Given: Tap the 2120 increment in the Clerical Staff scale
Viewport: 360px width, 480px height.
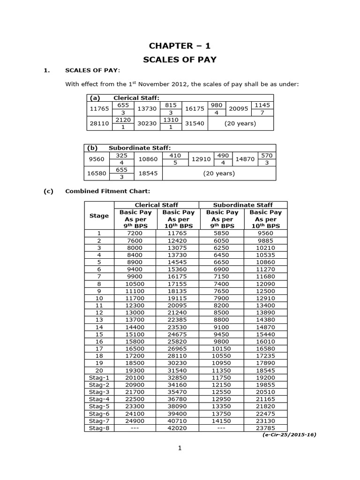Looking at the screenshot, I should click(120, 120).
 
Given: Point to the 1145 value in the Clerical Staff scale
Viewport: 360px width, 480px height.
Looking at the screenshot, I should click(262, 105).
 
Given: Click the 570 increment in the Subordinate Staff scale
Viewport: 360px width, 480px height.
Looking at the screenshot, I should click(266, 155).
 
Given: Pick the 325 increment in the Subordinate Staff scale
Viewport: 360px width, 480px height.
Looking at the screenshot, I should click(121, 155).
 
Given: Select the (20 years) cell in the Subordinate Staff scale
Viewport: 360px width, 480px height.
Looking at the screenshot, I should click(218, 173).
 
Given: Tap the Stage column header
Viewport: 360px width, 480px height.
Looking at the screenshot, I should click(99, 216).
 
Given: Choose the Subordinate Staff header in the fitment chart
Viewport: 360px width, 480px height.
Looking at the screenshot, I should click(243, 205).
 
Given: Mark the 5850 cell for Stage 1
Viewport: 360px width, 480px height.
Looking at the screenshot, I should click(221, 233).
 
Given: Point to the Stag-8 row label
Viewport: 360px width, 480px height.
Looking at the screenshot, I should click(99, 427).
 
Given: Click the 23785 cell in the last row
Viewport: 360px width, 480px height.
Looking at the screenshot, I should click(265, 427).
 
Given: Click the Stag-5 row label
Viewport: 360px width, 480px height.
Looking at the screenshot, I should click(99, 406).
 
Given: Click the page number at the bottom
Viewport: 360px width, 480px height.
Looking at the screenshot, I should click(180, 448).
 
